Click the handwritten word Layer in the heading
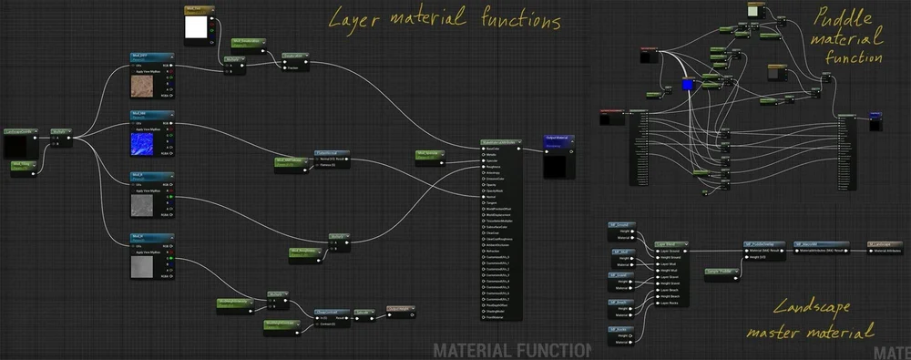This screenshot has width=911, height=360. coord(356,19)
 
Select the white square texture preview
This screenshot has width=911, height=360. coord(196,28)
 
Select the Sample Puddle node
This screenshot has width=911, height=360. coord(722,272)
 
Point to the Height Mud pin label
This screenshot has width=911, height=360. coord(670,271)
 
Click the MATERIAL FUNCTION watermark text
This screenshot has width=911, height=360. coord(511,350)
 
